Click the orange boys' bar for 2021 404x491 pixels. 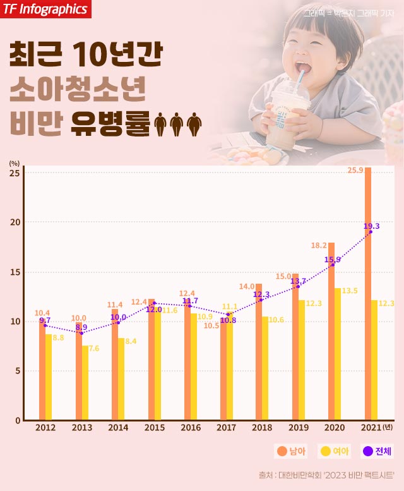click(x=368, y=294)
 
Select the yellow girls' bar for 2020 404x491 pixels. click(x=338, y=354)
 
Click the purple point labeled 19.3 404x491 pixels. click(x=371, y=232)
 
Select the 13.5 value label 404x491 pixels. click(x=350, y=291)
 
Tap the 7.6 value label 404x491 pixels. click(x=94, y=348)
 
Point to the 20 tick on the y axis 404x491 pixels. click(x=15, y=222)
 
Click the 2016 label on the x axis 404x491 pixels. click(x=191, y=428)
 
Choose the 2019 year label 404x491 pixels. click(x=299, y=428)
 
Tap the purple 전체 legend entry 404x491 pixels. click(x=377, y=451)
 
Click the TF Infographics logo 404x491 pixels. click(x=45, y=9)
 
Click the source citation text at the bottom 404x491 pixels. click(x=326, y=475)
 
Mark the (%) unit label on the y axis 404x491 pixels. click(x=14, y=163)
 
